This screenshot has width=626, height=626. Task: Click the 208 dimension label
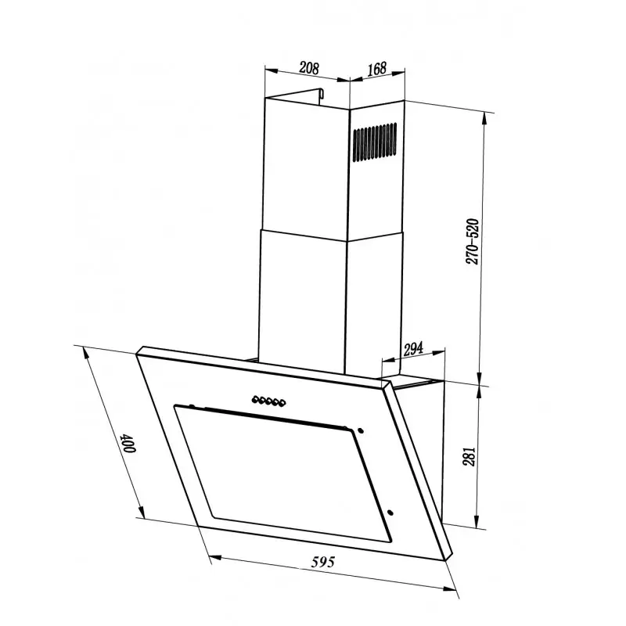[309, 68]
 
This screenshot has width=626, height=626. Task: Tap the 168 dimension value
[377, 69]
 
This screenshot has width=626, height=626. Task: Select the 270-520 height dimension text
[472, 242]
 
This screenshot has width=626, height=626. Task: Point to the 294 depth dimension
[413, 349]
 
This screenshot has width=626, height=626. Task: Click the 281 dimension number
[469, 456]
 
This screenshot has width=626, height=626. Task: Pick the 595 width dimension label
[323, 562]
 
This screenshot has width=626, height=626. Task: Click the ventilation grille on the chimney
[375, 142]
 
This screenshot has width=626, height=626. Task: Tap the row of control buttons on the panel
[268, 401]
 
